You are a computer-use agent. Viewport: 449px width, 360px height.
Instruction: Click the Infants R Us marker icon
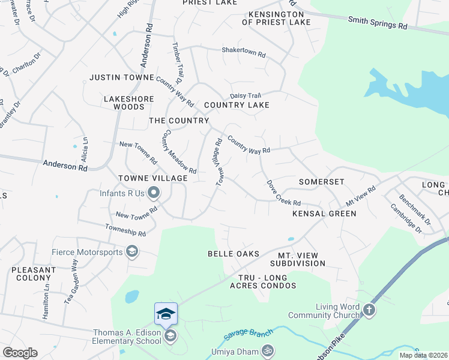(153, 193)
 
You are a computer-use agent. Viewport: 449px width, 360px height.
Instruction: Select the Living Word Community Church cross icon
(369, 310)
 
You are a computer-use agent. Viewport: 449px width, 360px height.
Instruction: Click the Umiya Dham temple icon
(268, 350)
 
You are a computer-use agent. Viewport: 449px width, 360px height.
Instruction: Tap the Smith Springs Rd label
(378, 23)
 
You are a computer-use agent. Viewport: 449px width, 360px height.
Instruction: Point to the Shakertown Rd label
(243, 52)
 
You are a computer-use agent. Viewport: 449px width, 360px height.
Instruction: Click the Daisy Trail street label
(245, 95)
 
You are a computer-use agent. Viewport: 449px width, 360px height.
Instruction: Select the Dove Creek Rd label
(283, 193)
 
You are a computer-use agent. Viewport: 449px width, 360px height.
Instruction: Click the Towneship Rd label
(125, 230)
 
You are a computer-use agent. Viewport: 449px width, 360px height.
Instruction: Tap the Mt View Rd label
(360, 195)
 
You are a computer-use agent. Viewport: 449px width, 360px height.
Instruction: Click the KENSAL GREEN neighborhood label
(324, 214)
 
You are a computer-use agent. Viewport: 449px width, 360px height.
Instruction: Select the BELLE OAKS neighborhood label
(234, 254)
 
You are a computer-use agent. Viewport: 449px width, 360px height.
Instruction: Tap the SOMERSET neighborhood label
(321, 182)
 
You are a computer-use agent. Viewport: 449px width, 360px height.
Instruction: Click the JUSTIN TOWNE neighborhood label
(122, 77)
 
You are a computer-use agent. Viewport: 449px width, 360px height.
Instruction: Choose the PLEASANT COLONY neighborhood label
(34, 274)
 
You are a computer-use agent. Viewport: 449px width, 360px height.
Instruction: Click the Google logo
(20, 353)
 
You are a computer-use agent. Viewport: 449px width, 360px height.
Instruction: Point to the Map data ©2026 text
(423, 355)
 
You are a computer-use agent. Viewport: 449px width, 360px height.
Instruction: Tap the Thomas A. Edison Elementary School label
(127, 337)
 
